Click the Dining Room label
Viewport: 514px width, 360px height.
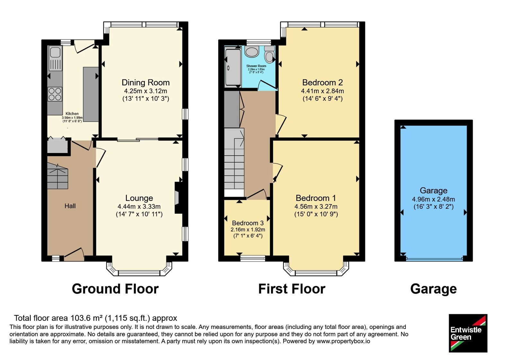(146, 82)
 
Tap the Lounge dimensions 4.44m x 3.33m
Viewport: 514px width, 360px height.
(139, 206)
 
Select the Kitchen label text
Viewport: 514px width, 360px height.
(72, 113)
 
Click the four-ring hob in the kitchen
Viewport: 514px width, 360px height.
(55, 94)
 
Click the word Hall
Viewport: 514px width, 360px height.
(70, 206)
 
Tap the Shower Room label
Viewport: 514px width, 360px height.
(256, 66)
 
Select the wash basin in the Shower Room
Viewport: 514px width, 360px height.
(252, 51)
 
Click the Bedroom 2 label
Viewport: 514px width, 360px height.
(323, 82)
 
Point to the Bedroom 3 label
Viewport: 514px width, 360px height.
(248, 223)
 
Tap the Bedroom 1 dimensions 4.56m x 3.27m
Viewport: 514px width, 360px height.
(316, 206)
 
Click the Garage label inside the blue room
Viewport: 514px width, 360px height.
(433, 191)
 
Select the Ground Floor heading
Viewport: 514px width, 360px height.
(115, 289)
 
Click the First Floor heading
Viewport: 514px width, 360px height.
(292, 289)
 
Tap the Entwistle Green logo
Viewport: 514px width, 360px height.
(468, 333)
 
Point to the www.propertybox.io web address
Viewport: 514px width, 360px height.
(343, 341)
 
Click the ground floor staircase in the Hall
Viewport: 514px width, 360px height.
(58, 176)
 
